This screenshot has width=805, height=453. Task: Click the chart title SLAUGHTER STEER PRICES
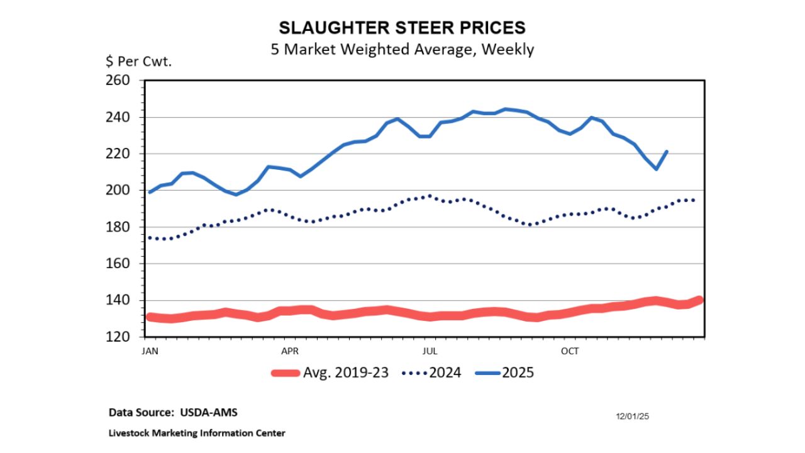tap(402, 28)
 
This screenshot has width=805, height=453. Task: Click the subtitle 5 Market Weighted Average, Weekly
tap(402, 49)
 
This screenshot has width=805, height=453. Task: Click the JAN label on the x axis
tap(150, 350)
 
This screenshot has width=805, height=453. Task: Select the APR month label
tap(289, 350)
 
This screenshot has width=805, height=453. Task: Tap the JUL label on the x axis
tap(430, 350)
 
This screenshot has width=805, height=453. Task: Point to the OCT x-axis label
tap(570, 350)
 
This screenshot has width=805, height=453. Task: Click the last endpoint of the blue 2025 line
tap(667, 152)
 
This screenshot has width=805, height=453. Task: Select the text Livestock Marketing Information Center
tap(197, 433)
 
